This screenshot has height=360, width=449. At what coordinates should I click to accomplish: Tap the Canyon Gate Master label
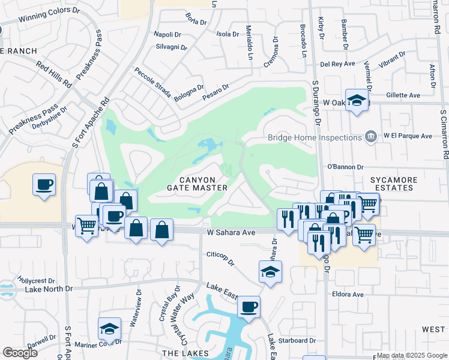(197, 184)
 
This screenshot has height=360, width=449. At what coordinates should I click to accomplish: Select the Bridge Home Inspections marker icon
(371, 137)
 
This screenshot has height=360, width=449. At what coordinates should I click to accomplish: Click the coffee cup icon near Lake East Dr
(249, 307)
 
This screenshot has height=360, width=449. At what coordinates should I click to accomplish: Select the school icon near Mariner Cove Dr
(109, 328)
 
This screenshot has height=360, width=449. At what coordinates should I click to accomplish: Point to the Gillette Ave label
(403, 95)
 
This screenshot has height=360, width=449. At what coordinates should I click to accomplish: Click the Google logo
(20, 353)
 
